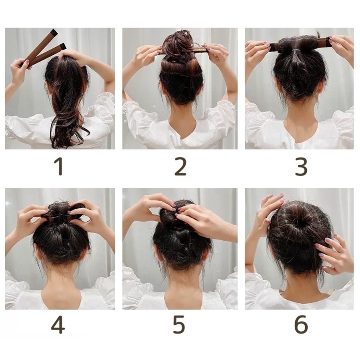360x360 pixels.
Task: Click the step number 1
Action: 58,167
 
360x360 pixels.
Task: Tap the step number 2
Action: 180,167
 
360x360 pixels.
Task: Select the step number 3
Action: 301,167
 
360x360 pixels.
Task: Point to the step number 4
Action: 58,324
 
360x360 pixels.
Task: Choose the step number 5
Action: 179,324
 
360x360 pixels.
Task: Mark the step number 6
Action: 301,324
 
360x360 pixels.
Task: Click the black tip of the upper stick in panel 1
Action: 54,32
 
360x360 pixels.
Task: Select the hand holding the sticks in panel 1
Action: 19,69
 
